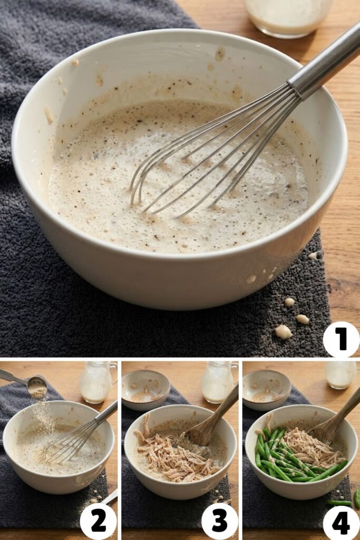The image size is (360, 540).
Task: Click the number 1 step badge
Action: tap(341, 339)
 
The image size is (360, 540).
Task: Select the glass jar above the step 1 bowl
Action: tap(287, 16)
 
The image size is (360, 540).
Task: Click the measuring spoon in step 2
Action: tap(32, 384)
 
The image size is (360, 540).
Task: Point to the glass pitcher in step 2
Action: tap(98, 382)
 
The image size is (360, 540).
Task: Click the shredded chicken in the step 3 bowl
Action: tap(174, 454)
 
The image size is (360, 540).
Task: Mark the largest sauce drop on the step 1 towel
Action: tap(283, 332)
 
